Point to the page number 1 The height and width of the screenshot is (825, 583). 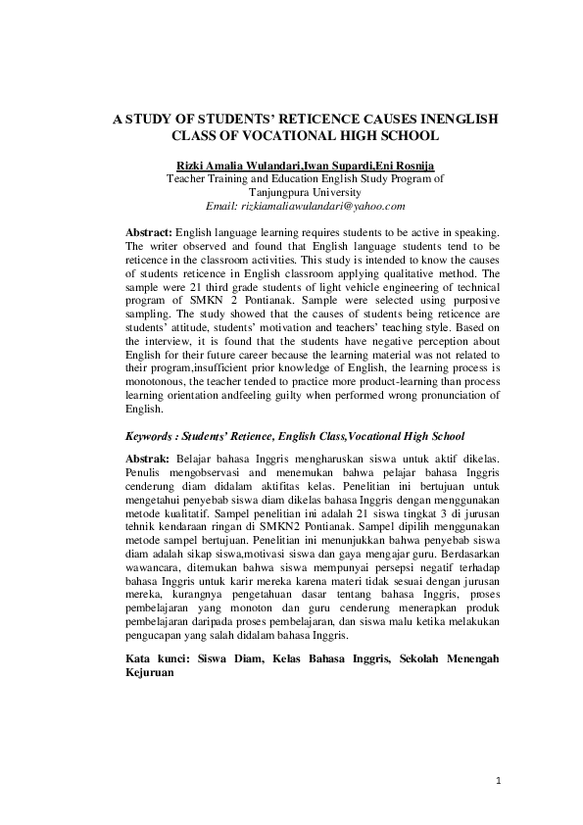point(498,781)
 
